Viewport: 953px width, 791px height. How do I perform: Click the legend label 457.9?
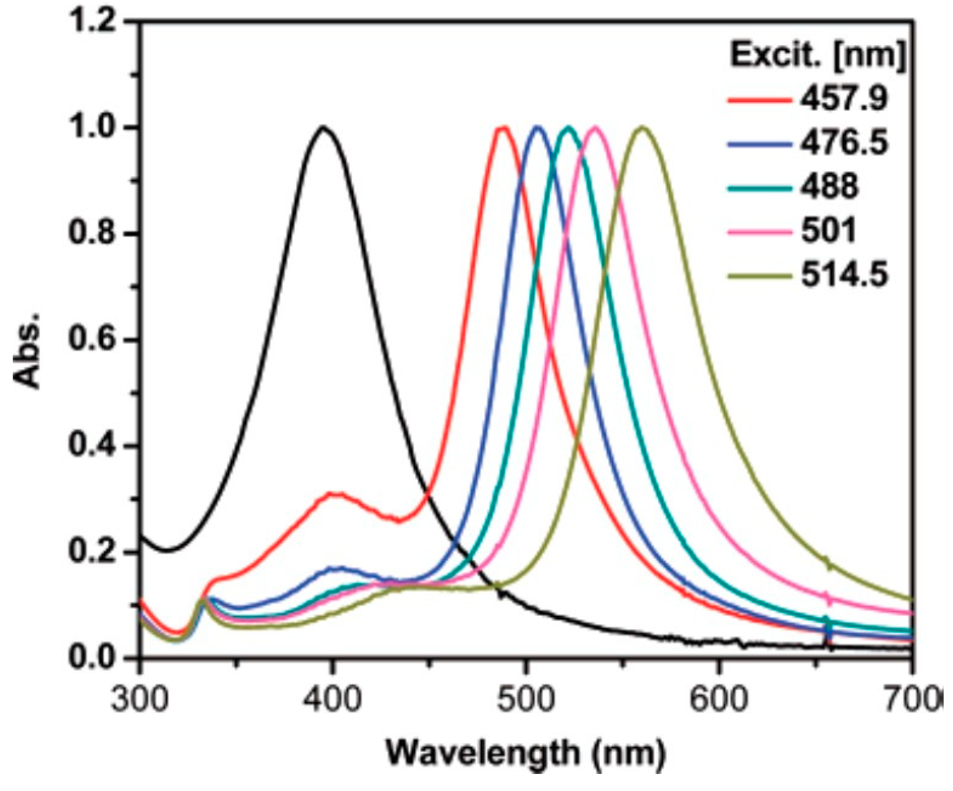(x=843, y=99)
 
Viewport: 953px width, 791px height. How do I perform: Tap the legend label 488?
(x=829, y=187)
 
